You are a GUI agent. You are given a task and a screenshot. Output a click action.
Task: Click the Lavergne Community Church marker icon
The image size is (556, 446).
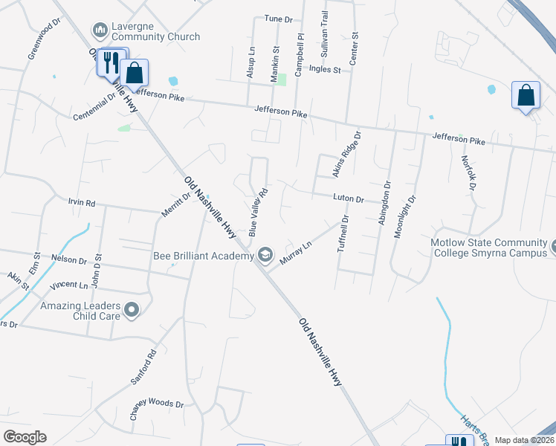[100, 30]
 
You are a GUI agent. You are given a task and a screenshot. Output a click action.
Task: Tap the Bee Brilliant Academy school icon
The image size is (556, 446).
[265, 256]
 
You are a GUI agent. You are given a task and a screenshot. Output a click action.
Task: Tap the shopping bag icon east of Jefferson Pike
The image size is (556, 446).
[526, 96]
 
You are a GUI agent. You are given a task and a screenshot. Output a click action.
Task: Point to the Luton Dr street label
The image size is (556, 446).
[348, 198]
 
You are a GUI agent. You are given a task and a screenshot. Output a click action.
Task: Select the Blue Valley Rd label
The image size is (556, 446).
[257, 212]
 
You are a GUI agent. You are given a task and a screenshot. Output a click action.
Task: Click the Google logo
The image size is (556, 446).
[25, 437]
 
